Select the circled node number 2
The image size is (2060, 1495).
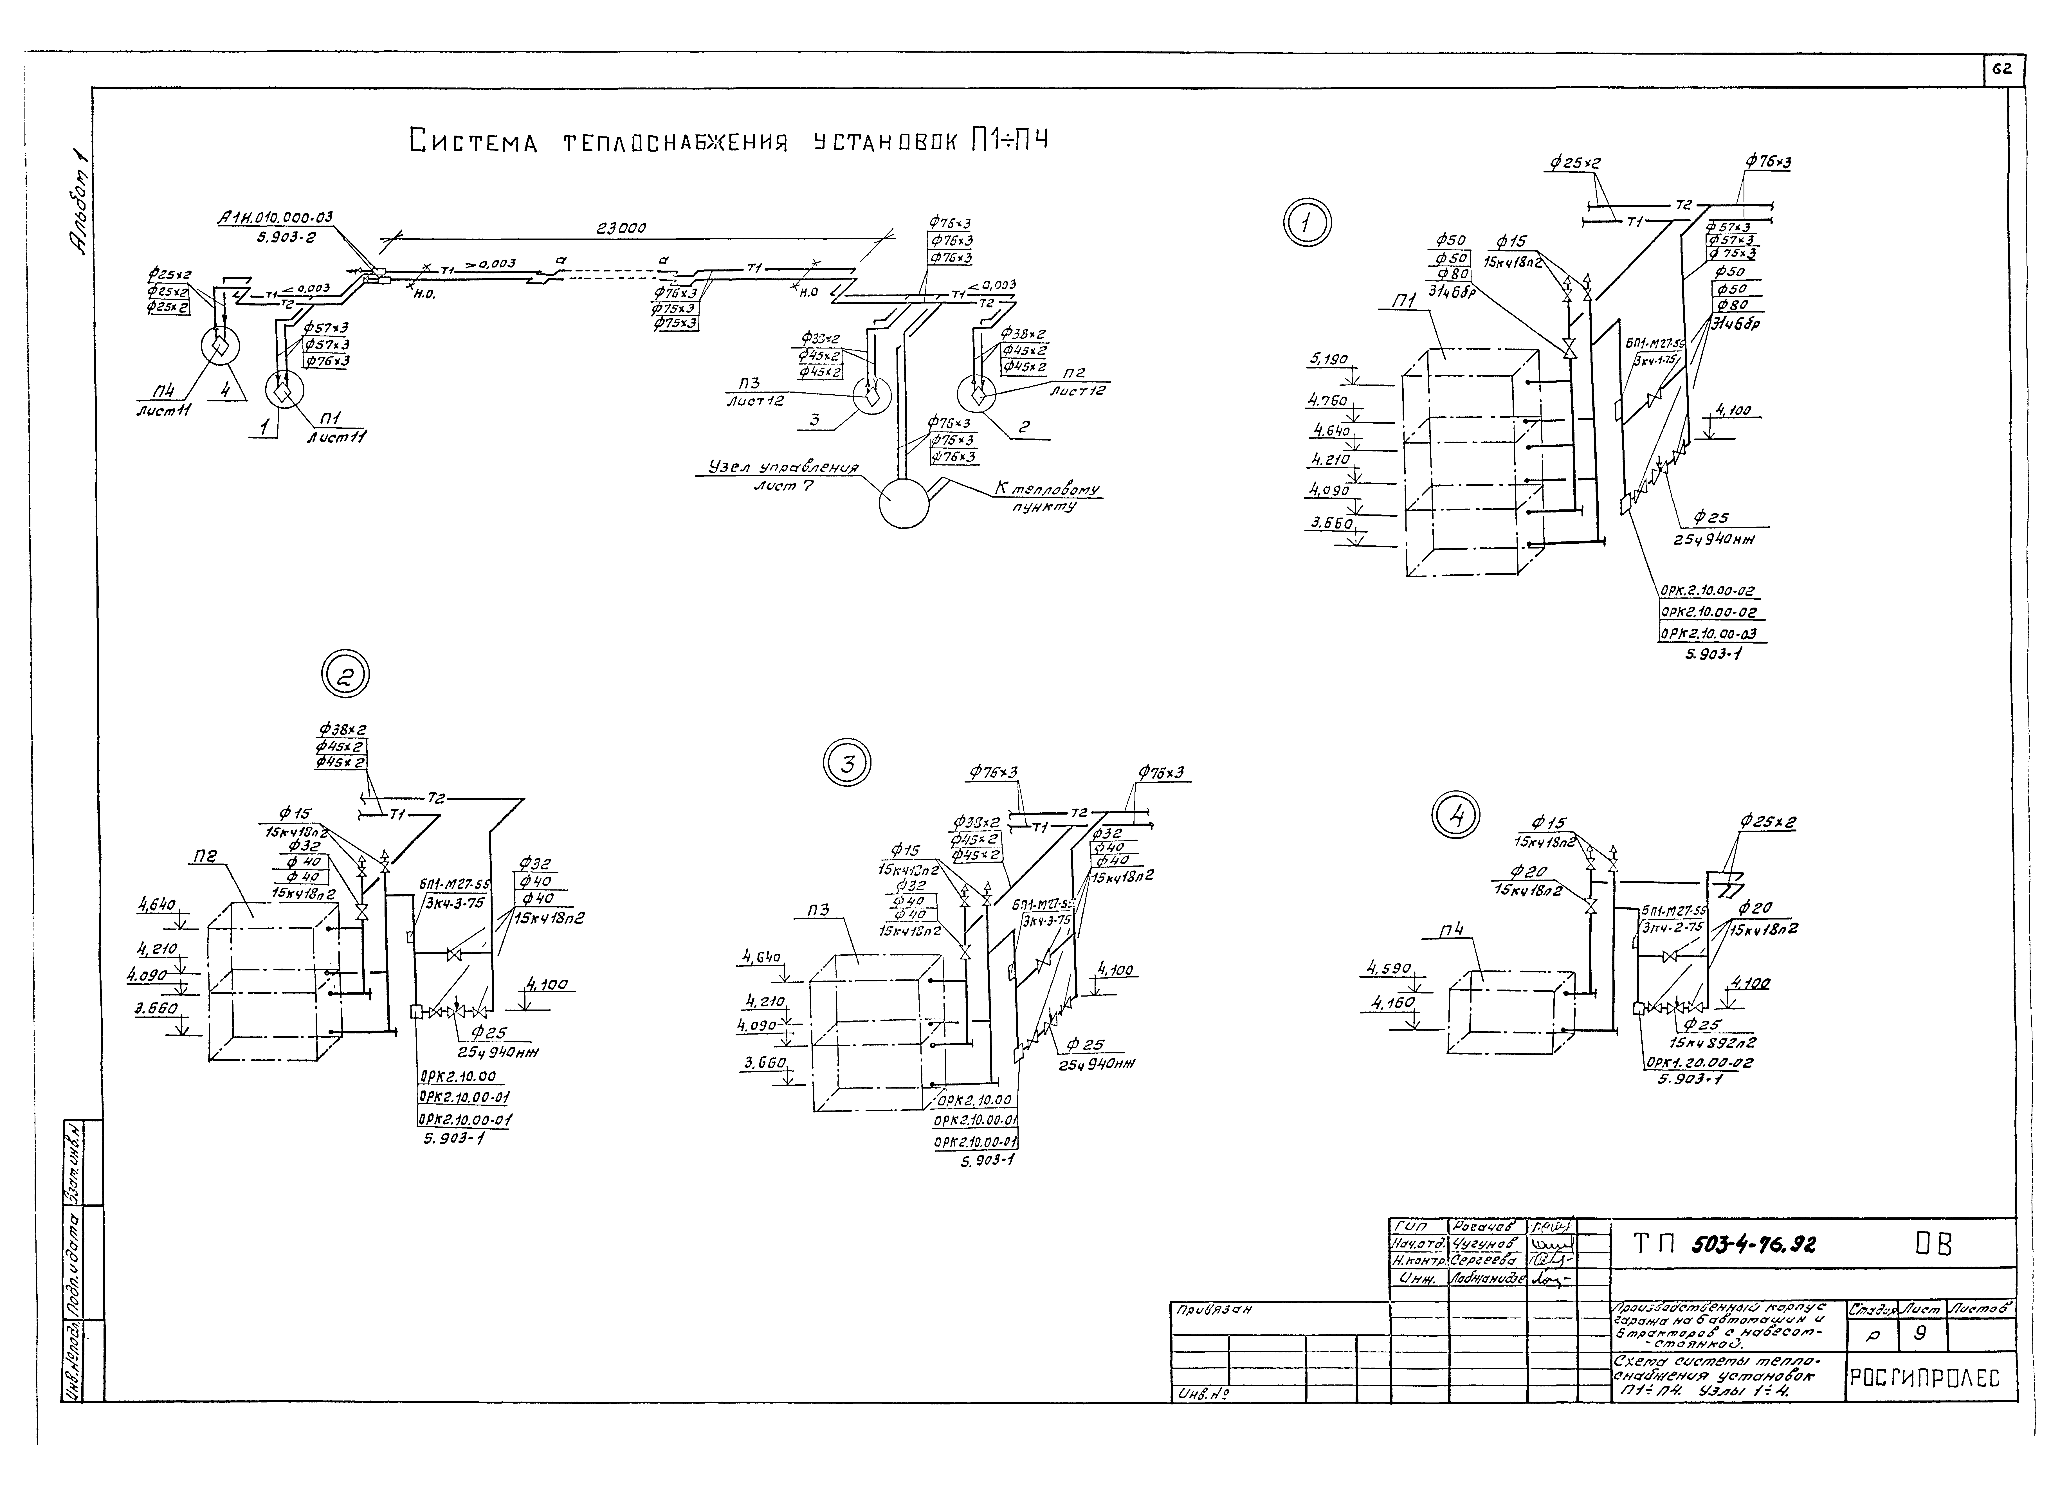coord(346,675)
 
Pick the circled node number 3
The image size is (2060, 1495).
coord(846,764)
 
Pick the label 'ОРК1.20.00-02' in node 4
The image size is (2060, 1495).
coord(1699,1063)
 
